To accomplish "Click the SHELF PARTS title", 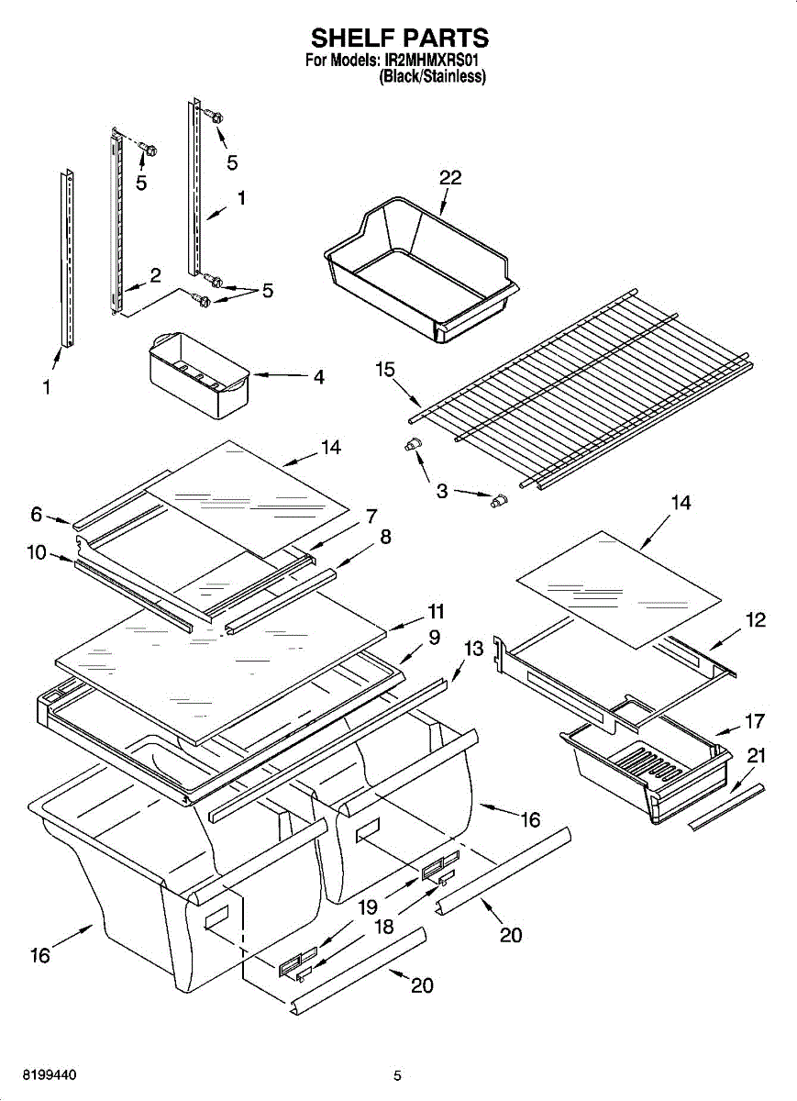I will (x=398, y=38).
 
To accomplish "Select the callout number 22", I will (x=450, y=178).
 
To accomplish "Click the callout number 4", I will (x=318, y=376).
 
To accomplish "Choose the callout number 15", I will (x=384, y=370).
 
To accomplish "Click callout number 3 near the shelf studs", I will (x=442, y=491).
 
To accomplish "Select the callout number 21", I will (x=757, y=756).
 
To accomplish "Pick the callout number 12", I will (x=755, y=620).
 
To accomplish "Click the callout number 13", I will (x=473, y=650).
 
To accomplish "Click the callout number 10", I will (x=38, y=554).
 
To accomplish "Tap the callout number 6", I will (x=37, y=515).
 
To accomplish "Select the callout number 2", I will (x=155, y=274).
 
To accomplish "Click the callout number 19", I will (x=368, y=907).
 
